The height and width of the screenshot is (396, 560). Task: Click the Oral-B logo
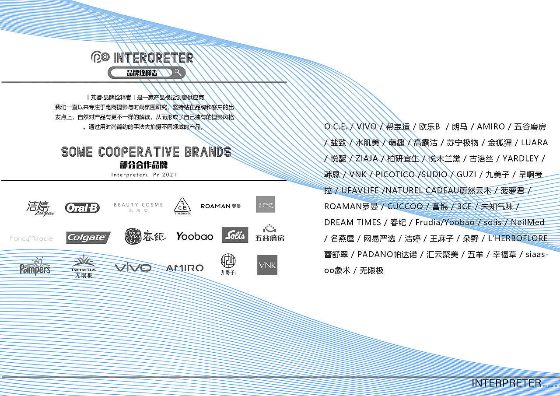[x=82, y=207]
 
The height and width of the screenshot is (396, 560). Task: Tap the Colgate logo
[x=88, y=238]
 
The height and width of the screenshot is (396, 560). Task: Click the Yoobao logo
[x=195, y=236]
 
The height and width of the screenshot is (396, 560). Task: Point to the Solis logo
[x=235, y=235]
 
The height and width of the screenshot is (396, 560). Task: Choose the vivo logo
[x=133, y=267]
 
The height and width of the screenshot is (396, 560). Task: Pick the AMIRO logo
[x=185, y=268]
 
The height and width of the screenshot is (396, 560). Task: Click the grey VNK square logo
[x=267, y=265]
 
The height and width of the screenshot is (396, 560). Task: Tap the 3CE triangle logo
[x=182, y=205]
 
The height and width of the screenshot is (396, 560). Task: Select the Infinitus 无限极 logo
[x=84, y=266]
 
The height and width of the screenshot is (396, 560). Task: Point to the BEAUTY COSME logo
[x=138, y=207]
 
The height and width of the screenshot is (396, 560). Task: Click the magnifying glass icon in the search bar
[x=178, y=72]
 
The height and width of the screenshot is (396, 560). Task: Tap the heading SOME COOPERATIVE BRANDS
[x=146, y=152]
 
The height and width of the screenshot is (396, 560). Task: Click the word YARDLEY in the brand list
[x=520, y=158]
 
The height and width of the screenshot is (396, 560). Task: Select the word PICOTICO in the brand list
[x=395, y=174]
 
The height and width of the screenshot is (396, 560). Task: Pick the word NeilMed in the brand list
[x=528, y=222]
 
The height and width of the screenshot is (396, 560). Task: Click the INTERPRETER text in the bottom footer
[x=506, y=383]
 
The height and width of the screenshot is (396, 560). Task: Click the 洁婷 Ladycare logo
[x=40, y=207]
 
